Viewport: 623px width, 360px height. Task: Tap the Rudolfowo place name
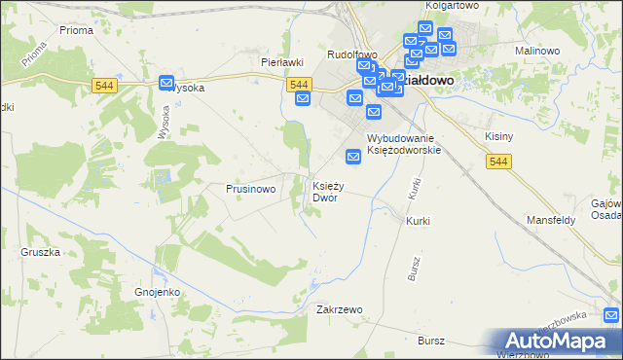pyautogui.click(x=351, y=54)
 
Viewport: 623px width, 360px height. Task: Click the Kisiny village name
pyautogui.click(x=498, y=137)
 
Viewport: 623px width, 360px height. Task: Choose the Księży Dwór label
pyautogui.click(x=326, y=192)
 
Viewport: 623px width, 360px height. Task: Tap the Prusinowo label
pyautogui.click(x=251, y=189)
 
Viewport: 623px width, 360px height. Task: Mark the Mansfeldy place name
pyautogui.click(x=551, y=220)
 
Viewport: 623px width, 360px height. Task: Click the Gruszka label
pyautogui.click(x=40, y=251)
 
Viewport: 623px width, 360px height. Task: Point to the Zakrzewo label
pyautogui.click(x=340, y=309)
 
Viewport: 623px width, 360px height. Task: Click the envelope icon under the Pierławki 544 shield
pyautogui.click(x=302, y=99)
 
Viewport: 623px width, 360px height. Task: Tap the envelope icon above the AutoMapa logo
pyautogui.click(x=611, y=315)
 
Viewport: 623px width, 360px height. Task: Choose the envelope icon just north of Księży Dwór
pyautogui.click(x=353, y=156)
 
